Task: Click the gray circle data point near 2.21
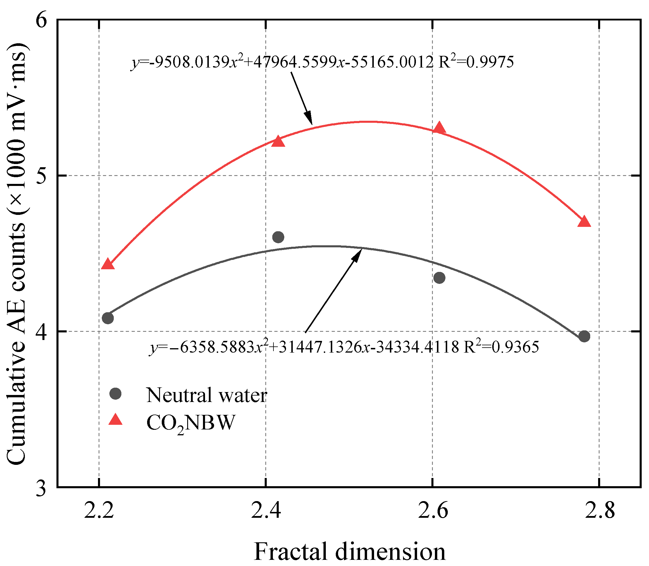[108, 318]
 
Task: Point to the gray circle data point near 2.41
[278, 237]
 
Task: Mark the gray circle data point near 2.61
[439, 278]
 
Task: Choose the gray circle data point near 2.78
[584, 337]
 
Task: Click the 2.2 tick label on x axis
[99, 511]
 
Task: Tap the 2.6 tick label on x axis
[433, 511]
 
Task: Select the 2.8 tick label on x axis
[599, 511]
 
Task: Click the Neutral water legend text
[207, 395]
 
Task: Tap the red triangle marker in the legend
[115, 420]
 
